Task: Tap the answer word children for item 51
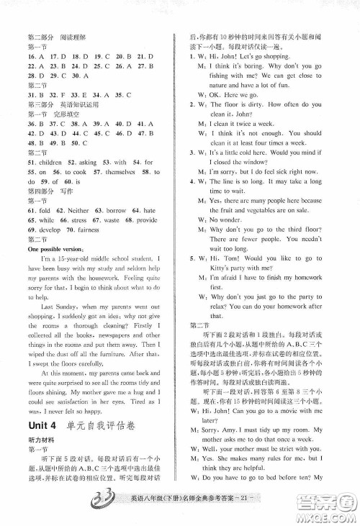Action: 50,163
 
